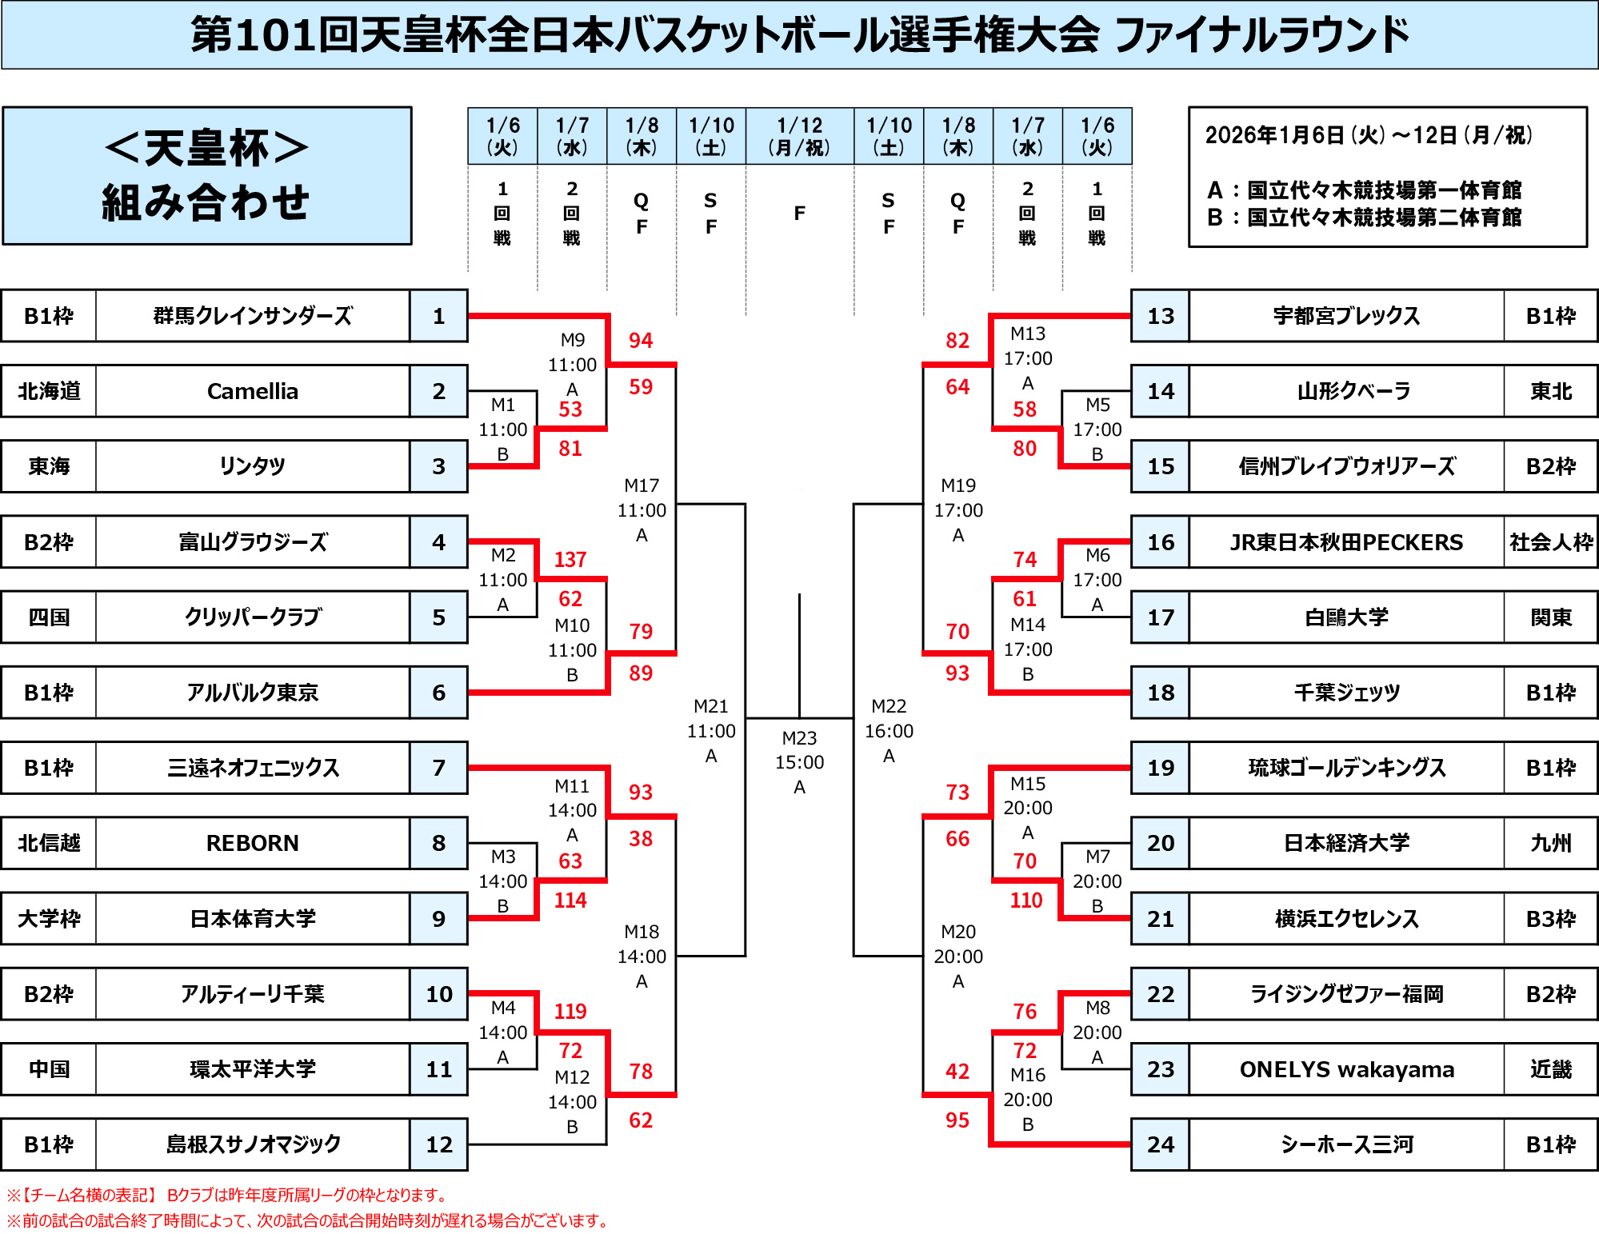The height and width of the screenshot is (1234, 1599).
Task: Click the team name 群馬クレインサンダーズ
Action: pos(253,316)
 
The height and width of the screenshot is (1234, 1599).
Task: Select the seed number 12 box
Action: pos(438,1144)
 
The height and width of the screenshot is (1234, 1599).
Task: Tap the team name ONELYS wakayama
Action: pos(1346,1069)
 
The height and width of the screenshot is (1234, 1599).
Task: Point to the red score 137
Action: pos(570,559)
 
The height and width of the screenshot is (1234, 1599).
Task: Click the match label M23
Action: pos(799,737)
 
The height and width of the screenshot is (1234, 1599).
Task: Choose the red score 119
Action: pos(570,1011)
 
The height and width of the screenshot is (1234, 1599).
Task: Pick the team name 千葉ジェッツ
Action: pos(1346,693)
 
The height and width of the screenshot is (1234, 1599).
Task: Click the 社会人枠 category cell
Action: pos(1550,542)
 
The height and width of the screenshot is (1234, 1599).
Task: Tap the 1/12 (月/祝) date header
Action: pos(799,136)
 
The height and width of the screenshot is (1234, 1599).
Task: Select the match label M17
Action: pos(642,485)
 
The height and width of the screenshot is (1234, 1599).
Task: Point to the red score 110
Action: pos(1025,900)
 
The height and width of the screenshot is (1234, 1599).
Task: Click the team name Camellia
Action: pos(253,391)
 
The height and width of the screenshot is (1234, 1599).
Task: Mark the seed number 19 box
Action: pos(1161,768)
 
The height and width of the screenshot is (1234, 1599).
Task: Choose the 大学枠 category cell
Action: pos(49,918)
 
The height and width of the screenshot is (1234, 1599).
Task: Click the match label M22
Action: pos(889,706)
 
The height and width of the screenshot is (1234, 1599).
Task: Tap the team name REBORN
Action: pos(253,843)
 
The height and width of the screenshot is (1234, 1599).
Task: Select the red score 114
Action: pos(570,900)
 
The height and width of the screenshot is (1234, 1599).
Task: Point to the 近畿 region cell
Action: pos(1550,1069)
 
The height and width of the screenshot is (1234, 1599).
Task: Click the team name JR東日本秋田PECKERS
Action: pos(1346,542)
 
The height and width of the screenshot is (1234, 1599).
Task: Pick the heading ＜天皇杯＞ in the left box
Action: pos(206,148)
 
